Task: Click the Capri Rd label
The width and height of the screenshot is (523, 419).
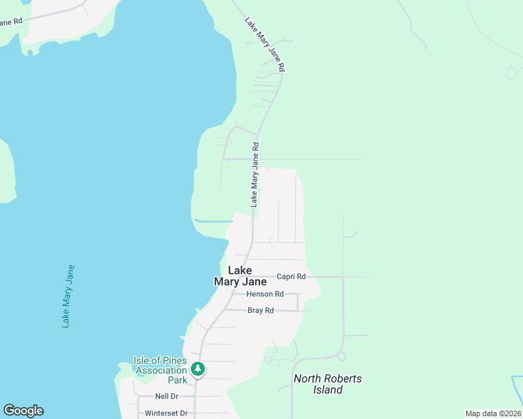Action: [291, 277]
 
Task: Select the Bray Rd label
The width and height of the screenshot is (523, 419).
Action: [260, 310]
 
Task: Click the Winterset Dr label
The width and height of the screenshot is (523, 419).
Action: [166, 413]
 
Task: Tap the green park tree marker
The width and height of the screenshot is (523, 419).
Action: [198, 369]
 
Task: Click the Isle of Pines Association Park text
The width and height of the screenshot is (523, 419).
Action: [161, 370]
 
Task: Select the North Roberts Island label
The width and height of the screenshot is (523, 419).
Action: [328, 384]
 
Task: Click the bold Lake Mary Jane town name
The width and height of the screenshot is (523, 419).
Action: [240, 276]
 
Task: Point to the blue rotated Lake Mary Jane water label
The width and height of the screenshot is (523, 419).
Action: [68, 295]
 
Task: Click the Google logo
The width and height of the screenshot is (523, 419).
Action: [23, 411]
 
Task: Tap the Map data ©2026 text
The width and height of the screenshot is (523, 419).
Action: [493, 413]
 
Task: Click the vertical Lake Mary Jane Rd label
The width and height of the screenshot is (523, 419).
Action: [255, 175]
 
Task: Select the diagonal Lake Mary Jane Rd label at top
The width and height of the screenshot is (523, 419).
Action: [265, 44]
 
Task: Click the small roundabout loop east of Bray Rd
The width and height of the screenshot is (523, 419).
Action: [341, 356]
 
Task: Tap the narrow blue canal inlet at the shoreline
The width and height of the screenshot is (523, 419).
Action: [213, 221]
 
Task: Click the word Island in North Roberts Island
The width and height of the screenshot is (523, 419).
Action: [328, 390]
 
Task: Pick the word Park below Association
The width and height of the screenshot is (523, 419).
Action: [177, 381]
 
